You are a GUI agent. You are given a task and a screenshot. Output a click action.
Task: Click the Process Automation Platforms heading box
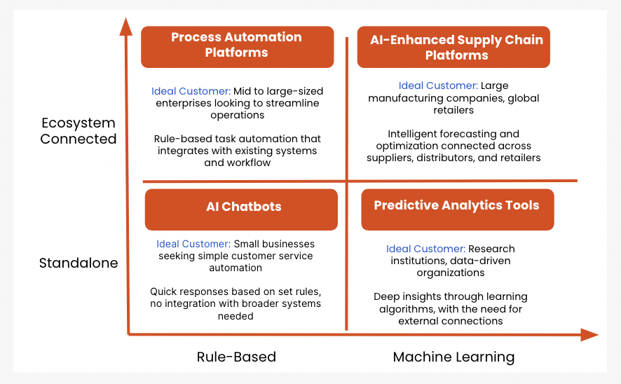point(237,47)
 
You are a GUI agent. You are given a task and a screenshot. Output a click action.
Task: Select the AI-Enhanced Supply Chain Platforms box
point(453,47)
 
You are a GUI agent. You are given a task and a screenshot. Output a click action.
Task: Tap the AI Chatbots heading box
point(241,210)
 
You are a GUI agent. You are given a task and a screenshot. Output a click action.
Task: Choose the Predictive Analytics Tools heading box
point(458,210)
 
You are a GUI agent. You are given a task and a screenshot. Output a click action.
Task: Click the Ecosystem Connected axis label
point(79,130)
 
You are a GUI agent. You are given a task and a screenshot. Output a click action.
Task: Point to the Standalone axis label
point(79,263)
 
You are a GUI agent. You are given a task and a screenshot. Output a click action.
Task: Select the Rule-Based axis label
point(236,357)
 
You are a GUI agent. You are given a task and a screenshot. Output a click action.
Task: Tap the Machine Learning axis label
point(454,357)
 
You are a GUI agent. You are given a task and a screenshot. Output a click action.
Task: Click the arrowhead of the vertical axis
point(126,26)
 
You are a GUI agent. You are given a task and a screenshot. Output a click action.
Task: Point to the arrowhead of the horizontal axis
point(589,334)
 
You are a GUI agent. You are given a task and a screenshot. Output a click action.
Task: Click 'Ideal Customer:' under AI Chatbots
point(193,244)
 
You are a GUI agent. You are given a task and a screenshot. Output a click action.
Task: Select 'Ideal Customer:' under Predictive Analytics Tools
point(425,249)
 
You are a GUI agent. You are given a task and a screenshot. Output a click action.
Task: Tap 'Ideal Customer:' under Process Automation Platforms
point(191,91)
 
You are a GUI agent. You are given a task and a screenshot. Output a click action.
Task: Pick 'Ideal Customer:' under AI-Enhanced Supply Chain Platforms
point(438,85)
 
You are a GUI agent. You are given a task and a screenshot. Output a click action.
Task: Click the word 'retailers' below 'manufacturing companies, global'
point(453,110)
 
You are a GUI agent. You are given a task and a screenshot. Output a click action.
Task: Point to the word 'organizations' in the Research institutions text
point(451,273)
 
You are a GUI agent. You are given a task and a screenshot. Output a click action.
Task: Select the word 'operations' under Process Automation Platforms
point(237,115)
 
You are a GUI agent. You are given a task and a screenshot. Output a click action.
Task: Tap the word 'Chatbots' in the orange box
point(252,207)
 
